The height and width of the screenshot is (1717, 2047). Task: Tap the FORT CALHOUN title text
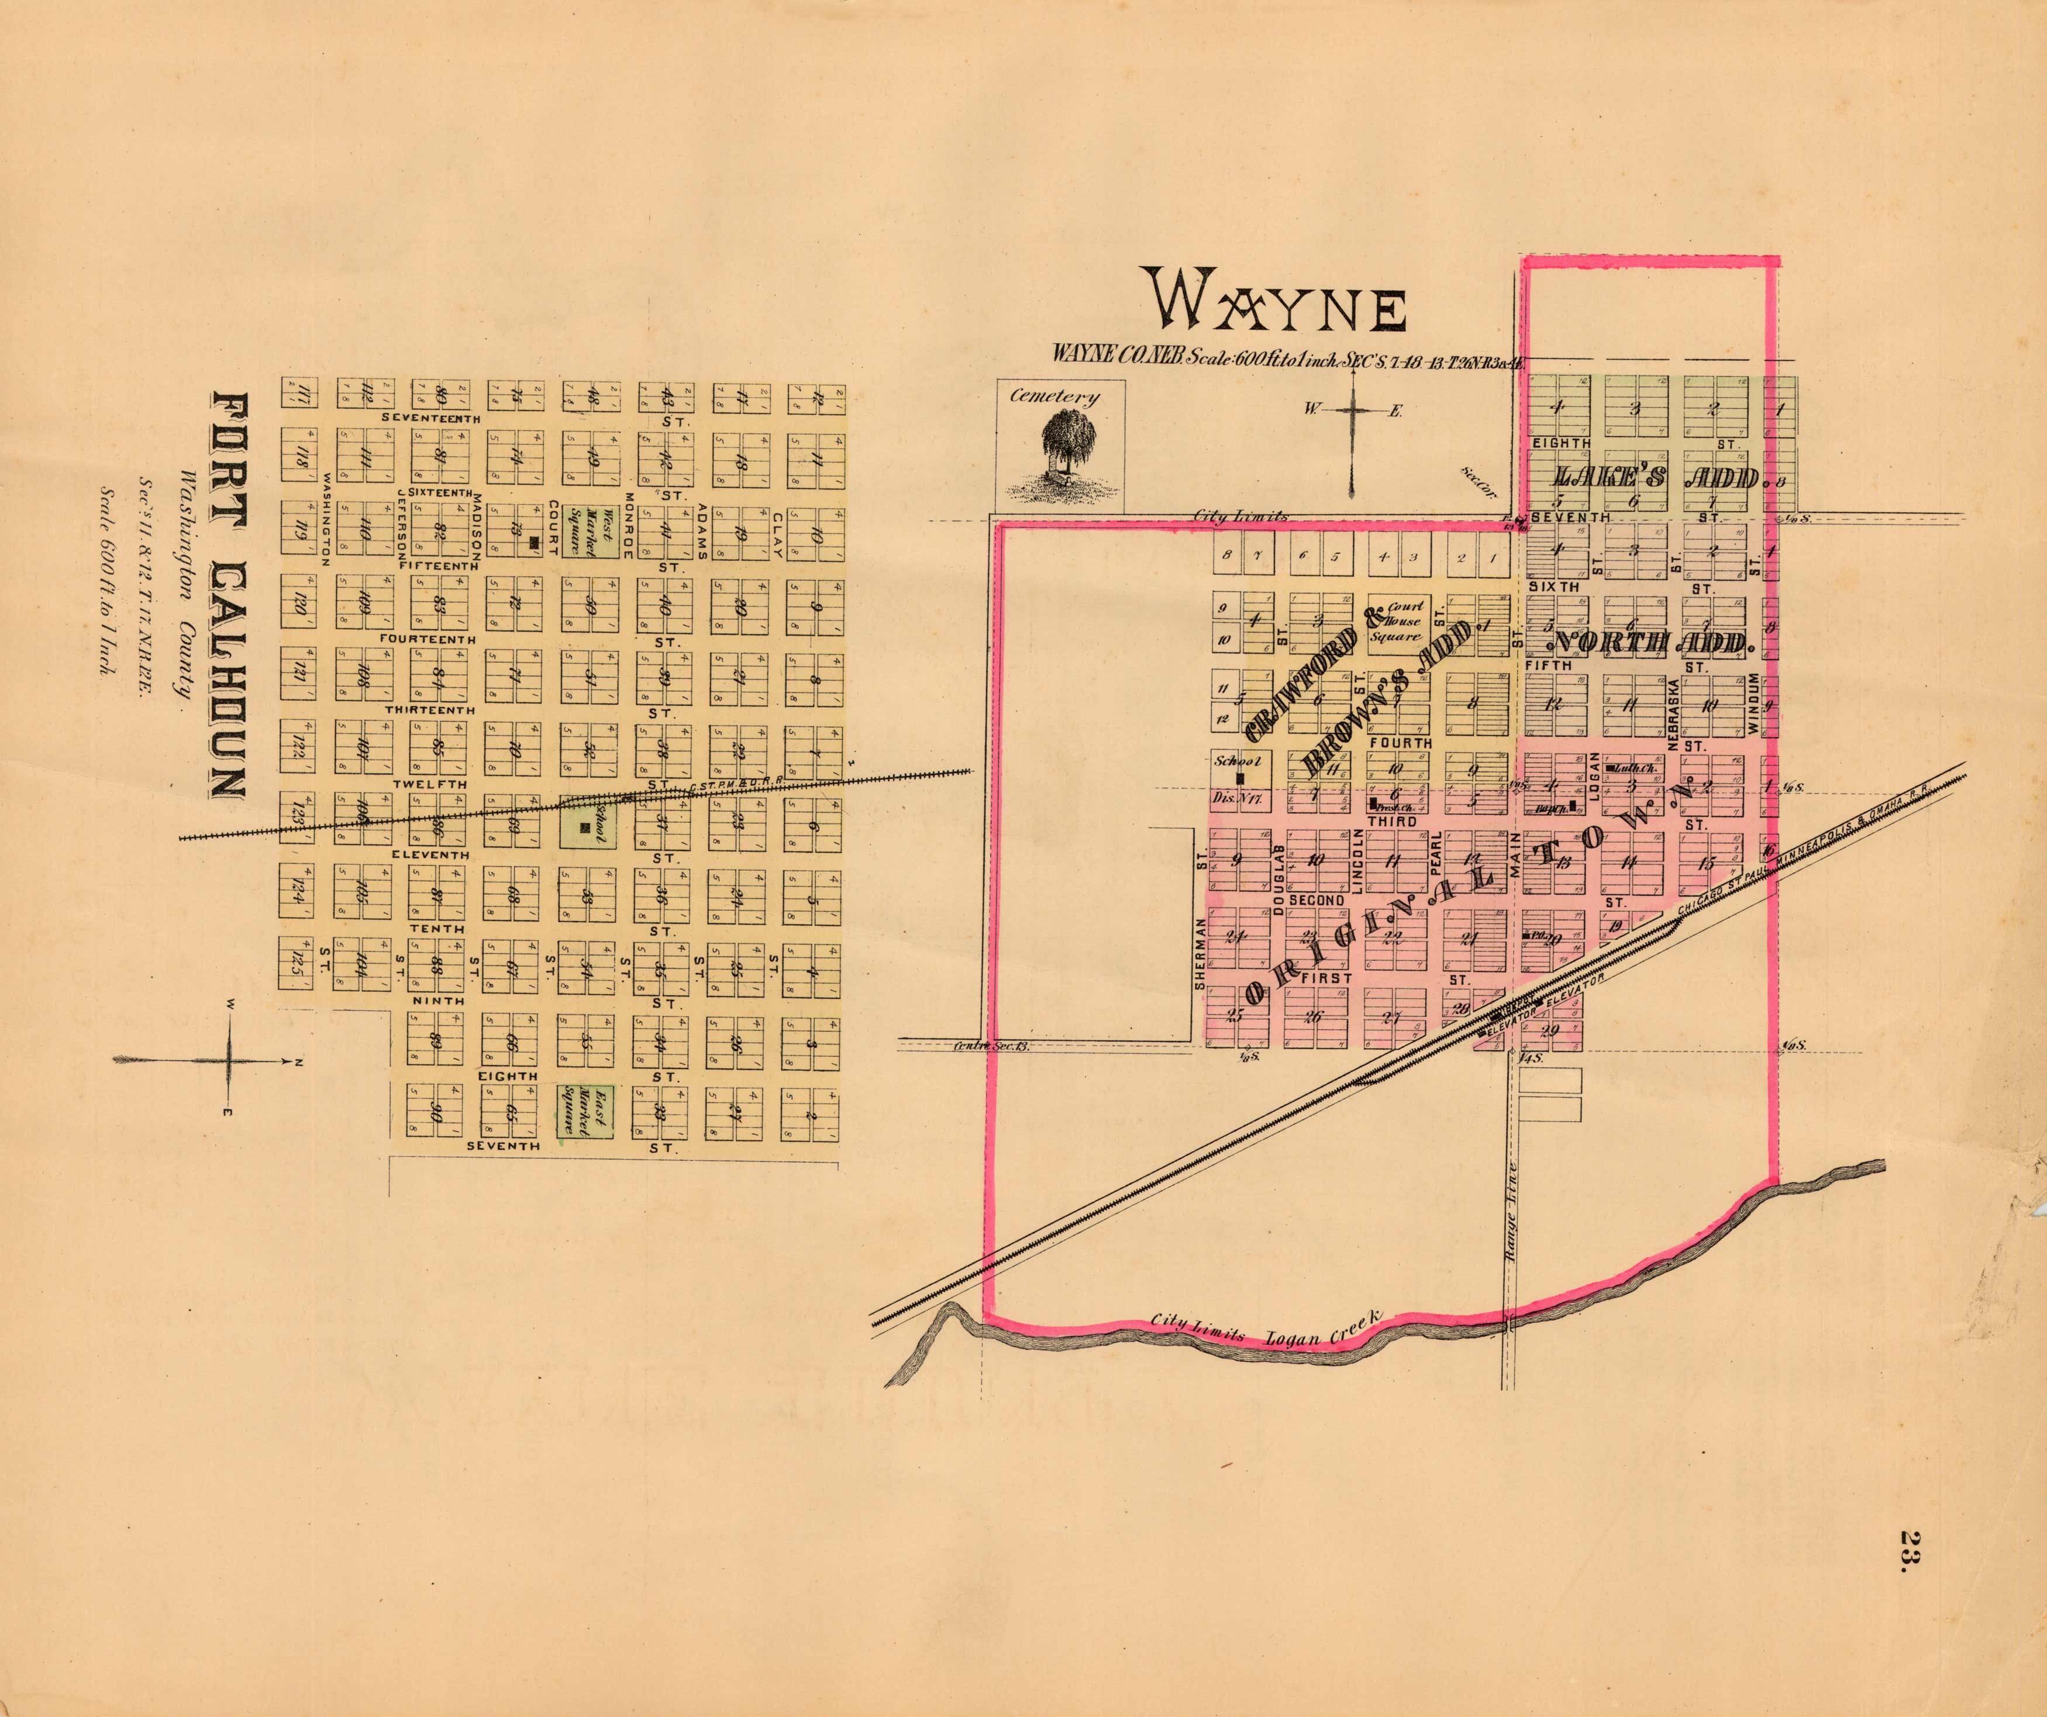pos(229,597)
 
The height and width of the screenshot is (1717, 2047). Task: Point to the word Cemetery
pos(1054,396)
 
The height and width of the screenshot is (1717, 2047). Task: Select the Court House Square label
pos(1397,620)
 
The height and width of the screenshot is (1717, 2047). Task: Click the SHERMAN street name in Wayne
pos(1200,953)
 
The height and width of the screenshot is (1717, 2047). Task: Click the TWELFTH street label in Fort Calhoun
pos(430,784)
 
